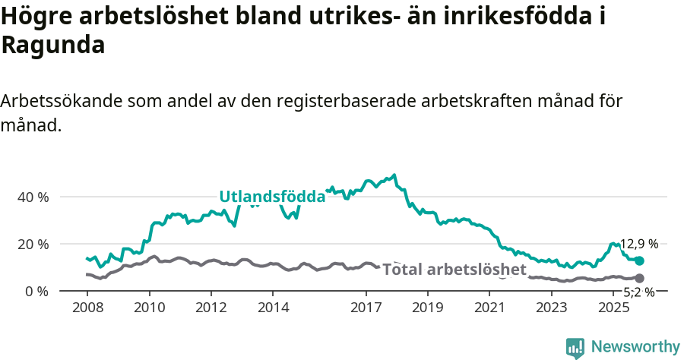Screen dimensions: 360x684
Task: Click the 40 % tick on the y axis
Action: [32, 197]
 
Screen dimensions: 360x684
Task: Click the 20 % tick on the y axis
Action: [32, 244]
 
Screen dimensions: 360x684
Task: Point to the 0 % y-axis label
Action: [36, 291]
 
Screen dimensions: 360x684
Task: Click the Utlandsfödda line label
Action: [272, 197]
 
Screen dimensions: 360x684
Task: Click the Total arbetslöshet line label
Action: [454, 270]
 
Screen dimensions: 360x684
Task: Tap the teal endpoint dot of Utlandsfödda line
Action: [640, 261]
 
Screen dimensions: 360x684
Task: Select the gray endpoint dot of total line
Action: [640, 279]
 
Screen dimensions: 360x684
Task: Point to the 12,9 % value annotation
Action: [639, 244]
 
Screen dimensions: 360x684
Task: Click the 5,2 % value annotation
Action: [639, 292]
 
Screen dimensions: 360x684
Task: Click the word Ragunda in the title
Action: [53, 45]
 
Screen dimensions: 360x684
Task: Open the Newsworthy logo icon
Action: [575, 348]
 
